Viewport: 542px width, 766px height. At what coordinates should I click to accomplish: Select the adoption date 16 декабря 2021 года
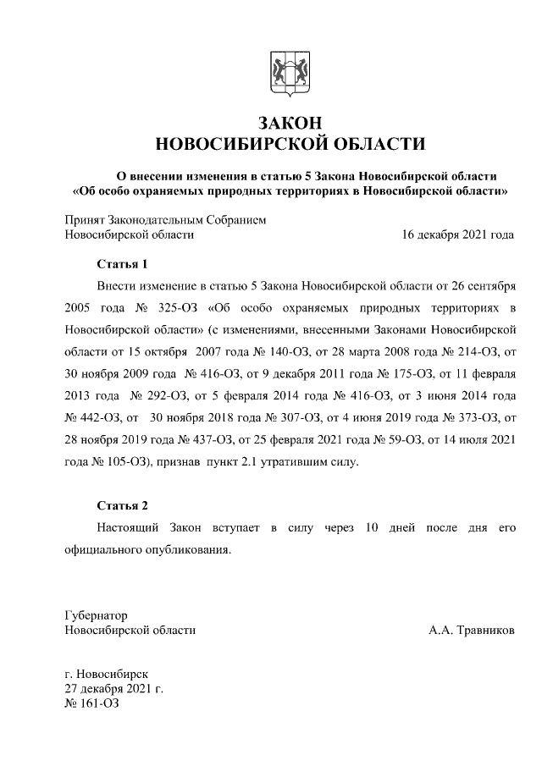click(x=457, y=234)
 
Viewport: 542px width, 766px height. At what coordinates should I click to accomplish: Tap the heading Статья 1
click(x=123, y=263)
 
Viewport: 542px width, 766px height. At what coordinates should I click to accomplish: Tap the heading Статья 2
click(x=123, y=505)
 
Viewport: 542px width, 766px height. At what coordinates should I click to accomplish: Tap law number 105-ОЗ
click(x=112, y=462)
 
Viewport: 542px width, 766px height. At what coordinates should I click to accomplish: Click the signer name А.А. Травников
click(x=471, y=631)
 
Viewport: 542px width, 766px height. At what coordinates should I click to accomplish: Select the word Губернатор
click(x=96, y=615)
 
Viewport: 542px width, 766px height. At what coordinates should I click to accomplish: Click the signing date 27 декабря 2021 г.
click(x=113, y=689)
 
